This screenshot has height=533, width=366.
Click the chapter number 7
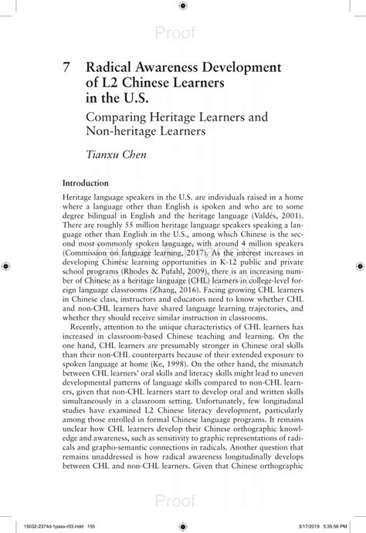(67, 67)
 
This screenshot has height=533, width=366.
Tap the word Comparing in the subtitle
(121, 119)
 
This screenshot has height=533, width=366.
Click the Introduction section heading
(85, 183)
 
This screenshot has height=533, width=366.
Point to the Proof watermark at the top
(175, 32)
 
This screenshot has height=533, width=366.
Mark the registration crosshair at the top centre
(182, 6)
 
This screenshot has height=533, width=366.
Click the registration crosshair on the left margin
(6, 266)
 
